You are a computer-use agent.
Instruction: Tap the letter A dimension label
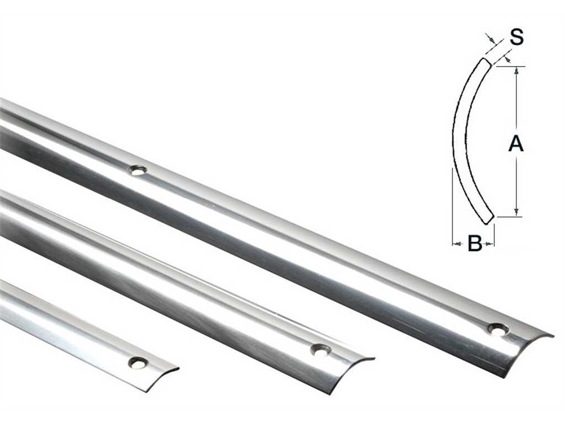(516, 144)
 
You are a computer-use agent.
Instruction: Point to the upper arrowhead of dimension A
(517, 70)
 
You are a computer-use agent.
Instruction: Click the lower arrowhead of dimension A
(517, 212)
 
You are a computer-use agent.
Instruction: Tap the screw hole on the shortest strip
(138, 362)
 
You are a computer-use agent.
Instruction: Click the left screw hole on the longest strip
(138, 170)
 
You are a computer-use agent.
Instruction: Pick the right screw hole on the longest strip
(497, 329)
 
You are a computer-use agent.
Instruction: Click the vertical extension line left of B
(452, 207)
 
